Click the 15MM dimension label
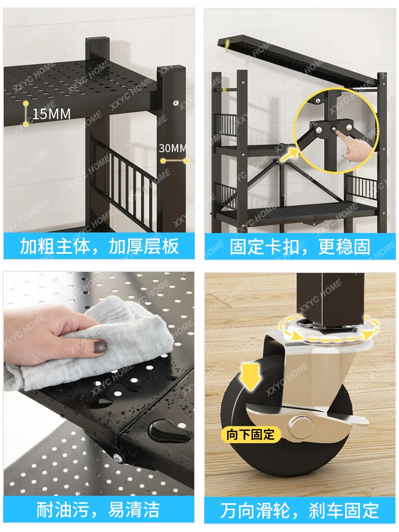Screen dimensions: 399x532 52,114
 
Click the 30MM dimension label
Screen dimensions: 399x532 173,148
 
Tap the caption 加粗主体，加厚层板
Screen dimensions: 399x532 99,246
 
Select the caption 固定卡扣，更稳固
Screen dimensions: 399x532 300,247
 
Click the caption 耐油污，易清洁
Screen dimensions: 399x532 98,509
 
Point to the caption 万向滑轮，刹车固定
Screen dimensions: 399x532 300,510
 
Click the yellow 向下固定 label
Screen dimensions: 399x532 251,434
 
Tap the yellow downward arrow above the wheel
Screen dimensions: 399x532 250,377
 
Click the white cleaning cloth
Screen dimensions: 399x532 92,343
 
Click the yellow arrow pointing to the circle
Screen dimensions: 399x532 289,155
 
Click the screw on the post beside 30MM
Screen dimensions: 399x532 175,103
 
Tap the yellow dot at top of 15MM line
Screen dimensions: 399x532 26,103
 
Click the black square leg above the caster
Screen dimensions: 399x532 327,297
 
